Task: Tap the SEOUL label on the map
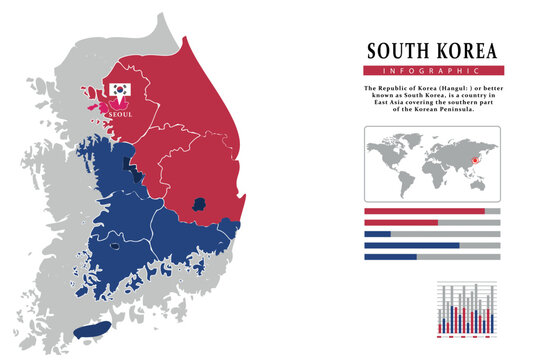[119, 115]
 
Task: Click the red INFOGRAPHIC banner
[433, 71]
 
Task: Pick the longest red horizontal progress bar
[424, 211]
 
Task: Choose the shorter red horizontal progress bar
[401, 222]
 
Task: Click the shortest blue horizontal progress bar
[378, 234]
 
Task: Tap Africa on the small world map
[431, 171]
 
